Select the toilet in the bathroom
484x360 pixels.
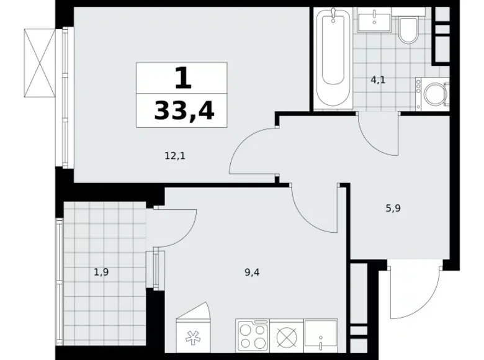click(x=408, y=30)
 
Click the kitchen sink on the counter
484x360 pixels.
click(x=321, y=338)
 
